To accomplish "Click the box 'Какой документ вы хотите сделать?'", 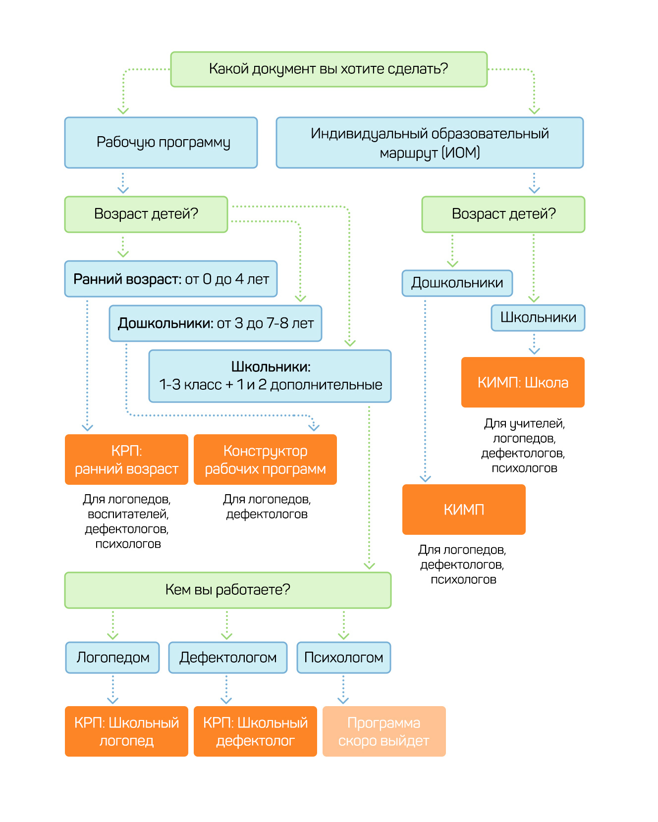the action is [x=329, y=69].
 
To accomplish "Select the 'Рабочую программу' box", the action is [x=161, y=143].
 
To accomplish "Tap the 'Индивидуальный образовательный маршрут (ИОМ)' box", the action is [x=430, y=143].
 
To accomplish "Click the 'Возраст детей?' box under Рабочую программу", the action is [x=146, y=214].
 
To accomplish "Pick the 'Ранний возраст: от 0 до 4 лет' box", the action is [x=171, y=279].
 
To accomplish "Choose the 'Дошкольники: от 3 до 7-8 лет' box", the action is [x=216, y=323].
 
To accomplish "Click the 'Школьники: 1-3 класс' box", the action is [x=270, y=376].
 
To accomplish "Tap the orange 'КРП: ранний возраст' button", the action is [x=126, y=460].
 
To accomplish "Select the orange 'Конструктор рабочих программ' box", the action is [x=265, y=460].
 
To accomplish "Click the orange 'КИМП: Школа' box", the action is [x=523, y=382].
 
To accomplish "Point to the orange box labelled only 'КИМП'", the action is [x=464, y=510].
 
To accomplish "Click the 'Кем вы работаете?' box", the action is [x=228, y=590].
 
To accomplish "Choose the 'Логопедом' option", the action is [x=112, y=658].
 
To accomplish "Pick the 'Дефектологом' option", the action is [x=228, y=658].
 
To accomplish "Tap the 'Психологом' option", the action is [x=344, y=658].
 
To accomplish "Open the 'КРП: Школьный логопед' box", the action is [x=126, y=731].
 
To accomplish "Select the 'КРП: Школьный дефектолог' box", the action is [x=255, y=731].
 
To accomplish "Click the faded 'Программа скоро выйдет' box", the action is [x=384, y=731].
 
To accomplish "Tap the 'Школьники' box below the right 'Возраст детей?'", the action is [x=538, y=318].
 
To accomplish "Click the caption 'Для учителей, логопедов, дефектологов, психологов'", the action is [x=524, y=446].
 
